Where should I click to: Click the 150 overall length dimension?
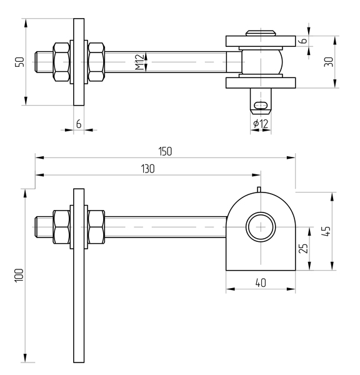click(x=165, y=151)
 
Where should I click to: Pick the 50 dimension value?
click(x=19, y=62)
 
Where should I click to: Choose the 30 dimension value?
click(x=329, y=61)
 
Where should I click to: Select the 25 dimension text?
click(x=303, y=248)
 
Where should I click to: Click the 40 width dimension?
click(x=261, y=282)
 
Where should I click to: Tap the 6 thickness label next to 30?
click(x=303, y=41)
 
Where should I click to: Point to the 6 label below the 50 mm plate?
click(x=78, y=124)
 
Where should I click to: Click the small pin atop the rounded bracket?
click(x=257, y=189)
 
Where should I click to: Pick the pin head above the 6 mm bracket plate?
click(x=261, y=32)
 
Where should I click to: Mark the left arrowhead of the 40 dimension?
click(x=229, y=289)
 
